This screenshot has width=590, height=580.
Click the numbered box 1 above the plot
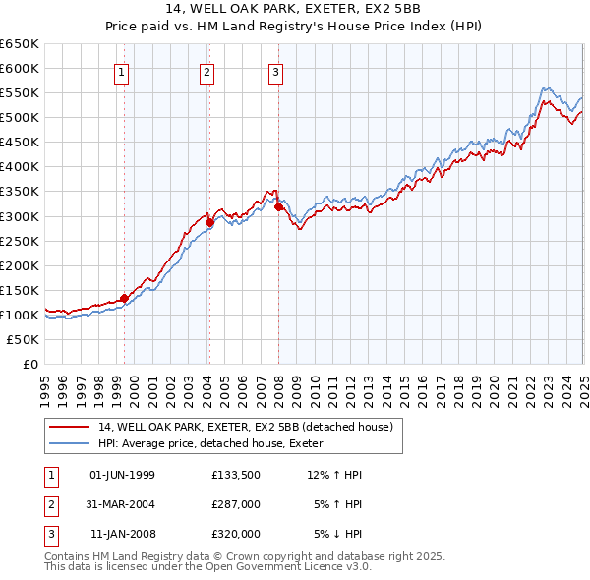(x=121, y=71)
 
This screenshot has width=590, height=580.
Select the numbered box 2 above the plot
(x=207, y=71)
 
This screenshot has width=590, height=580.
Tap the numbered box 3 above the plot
(x=275, y=71)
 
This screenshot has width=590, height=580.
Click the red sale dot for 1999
(x=124, y=298)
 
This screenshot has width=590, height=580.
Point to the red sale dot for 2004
(x=209, y=222)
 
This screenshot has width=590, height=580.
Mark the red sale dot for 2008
(x=278, y=206)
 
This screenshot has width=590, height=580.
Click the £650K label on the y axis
(x=20, y=44)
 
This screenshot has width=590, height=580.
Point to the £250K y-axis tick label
(x=20, y=241)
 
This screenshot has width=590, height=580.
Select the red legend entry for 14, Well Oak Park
(x=245, y=427)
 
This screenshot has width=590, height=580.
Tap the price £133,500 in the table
(x=235, y=475)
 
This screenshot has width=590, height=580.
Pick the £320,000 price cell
(x=235, y=534)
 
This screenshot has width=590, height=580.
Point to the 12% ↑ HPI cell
(x=334, y=475)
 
